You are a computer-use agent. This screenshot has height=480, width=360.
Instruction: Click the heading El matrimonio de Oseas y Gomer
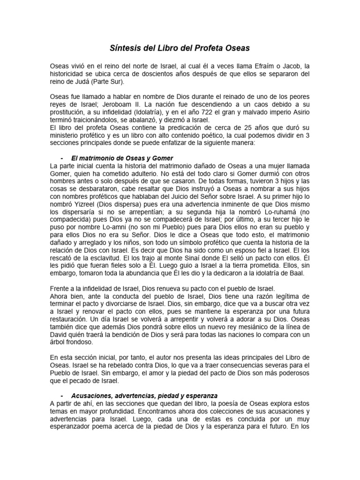tap(122, 158)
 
